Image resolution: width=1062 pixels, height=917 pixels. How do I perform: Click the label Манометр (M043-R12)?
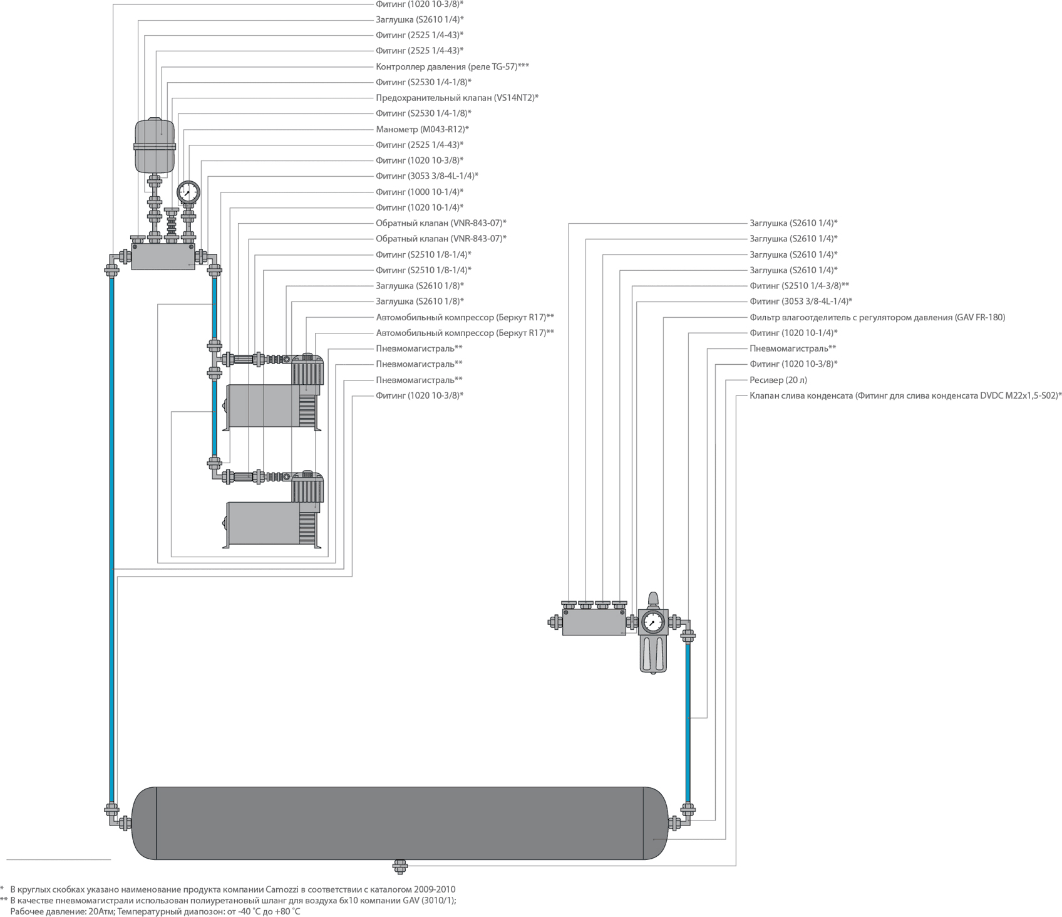point(422,129)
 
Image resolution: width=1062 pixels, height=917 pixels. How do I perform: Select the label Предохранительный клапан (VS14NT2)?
point(456,98)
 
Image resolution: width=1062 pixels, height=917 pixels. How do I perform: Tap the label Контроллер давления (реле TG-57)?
point(452,66)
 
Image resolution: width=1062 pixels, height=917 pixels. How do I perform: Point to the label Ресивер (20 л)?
point(778,380)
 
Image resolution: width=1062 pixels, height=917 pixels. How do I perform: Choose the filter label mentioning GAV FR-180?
point(877,317)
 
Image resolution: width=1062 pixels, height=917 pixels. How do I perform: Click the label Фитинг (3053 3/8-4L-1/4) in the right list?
point(800,301)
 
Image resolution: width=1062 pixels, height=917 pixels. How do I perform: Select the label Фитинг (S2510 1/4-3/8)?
point(799,286)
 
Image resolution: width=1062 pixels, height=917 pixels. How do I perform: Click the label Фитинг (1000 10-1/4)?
point(420,192)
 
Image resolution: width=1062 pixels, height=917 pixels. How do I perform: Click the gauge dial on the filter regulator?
point(654,622)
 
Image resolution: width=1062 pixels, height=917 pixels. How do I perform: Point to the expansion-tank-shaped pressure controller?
point(153,145)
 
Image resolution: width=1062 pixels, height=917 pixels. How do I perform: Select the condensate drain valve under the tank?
point(400,866)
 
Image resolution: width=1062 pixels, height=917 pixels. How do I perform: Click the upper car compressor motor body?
point(258,406)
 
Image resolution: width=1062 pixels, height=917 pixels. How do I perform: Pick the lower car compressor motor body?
point(258,523)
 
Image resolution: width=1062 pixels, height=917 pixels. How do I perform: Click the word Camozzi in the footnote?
point(283,889)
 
